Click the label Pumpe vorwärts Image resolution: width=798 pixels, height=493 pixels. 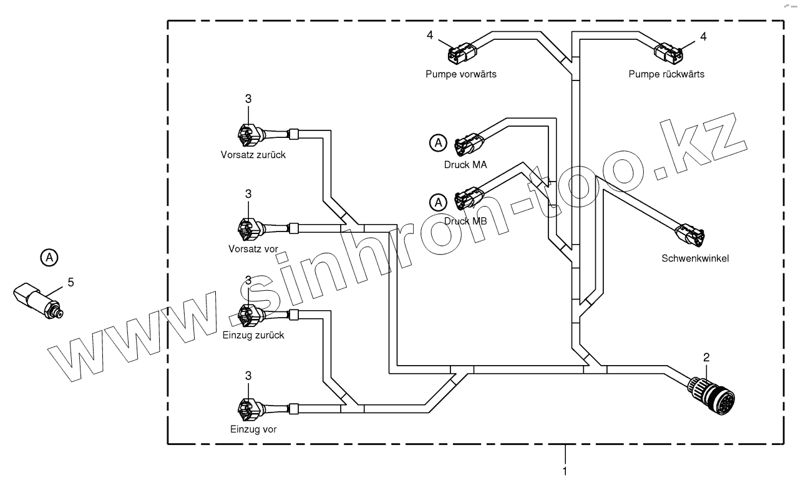(461, 74)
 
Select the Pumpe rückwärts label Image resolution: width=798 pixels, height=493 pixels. (666, 74)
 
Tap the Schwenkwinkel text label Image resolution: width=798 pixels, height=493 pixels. (695, 258)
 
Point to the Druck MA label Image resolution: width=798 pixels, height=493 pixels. (465, 164)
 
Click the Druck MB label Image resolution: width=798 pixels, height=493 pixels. (465, 221)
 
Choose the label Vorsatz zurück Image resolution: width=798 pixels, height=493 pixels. (253, 155)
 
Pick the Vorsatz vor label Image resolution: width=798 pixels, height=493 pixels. (253, 249)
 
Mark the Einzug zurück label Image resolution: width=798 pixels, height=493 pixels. (253, 335)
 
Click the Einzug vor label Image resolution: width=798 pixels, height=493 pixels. (253, 429)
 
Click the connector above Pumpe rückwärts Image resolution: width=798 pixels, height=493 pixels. (670, 52)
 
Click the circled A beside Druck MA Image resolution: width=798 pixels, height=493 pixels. (439, 144)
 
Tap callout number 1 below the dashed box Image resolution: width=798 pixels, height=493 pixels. (565, 472)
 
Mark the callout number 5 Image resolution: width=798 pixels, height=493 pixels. (71, 282)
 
